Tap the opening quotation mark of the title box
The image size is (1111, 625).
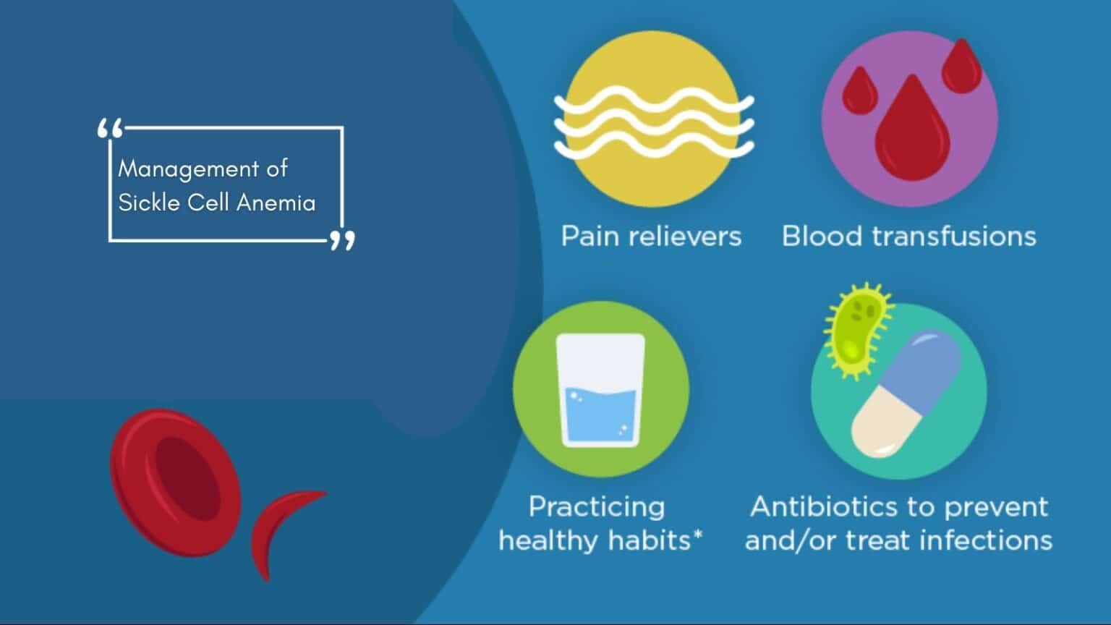point(110,130)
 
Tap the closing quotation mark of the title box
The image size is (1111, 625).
point(342,240)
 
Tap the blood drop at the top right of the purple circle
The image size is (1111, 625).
point(963,67)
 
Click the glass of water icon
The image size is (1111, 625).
point(600,391)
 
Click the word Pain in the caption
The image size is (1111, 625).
point(589,237)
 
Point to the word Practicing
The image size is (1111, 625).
point(597,506)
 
